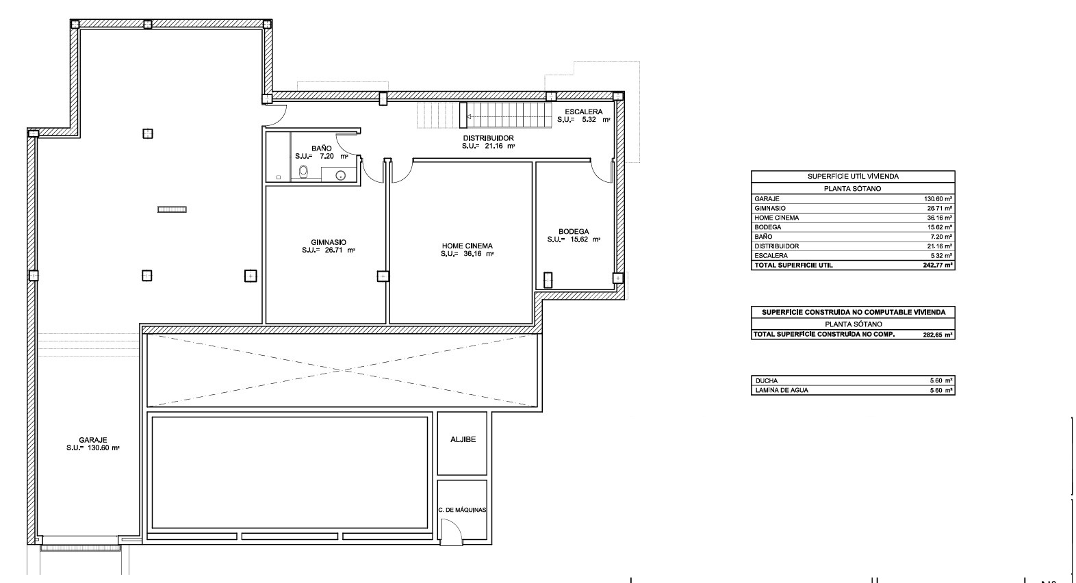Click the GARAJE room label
93,440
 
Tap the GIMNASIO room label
329,242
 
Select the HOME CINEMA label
467,246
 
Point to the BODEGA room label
574,231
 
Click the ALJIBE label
463,440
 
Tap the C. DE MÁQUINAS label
462,509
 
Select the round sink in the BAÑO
341,176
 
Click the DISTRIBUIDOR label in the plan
488,138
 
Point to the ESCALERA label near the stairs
583,112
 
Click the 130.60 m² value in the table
938,198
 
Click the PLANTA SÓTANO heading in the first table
853,188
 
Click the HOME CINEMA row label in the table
776,218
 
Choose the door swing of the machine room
450,530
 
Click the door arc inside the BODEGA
602,171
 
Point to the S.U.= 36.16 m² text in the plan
467,254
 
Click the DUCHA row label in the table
766,380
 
